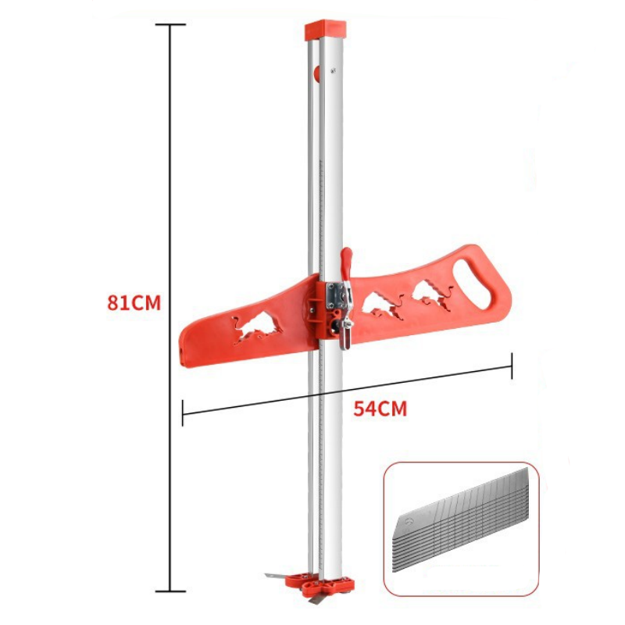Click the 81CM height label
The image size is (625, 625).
point(134,303)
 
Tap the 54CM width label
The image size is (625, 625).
point(380,409)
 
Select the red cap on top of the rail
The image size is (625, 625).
point(325,30)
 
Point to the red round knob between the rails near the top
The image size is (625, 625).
point(317,73)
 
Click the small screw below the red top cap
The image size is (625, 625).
point(334,70)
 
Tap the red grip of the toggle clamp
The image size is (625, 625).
point(346,263)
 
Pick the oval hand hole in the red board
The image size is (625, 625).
point(472,284)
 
